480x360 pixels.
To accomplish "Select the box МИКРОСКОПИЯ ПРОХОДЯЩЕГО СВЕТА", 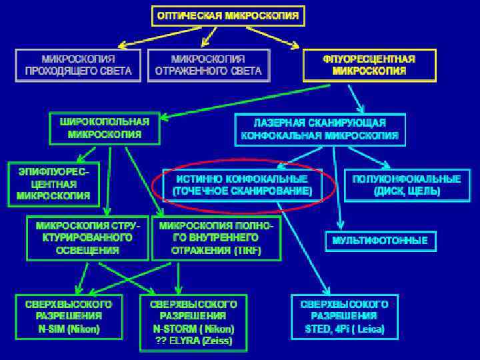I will point(78,65).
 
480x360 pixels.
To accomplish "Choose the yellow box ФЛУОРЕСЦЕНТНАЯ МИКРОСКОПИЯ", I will point(369,65).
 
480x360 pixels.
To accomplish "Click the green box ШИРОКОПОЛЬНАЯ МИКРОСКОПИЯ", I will point(105,127).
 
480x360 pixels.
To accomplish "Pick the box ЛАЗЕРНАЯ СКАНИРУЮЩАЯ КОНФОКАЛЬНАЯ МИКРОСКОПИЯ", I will point(320,130).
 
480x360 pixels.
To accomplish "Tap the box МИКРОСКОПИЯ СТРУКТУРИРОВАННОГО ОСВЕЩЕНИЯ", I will point(88,238).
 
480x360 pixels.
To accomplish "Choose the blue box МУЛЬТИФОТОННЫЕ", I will point(380,240).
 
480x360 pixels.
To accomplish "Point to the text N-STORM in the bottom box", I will point(172,329).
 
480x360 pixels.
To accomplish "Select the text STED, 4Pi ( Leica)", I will point(344,329).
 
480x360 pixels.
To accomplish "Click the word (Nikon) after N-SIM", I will point(85,329).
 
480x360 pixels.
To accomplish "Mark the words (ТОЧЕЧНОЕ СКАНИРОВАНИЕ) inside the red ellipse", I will point(242,191).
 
